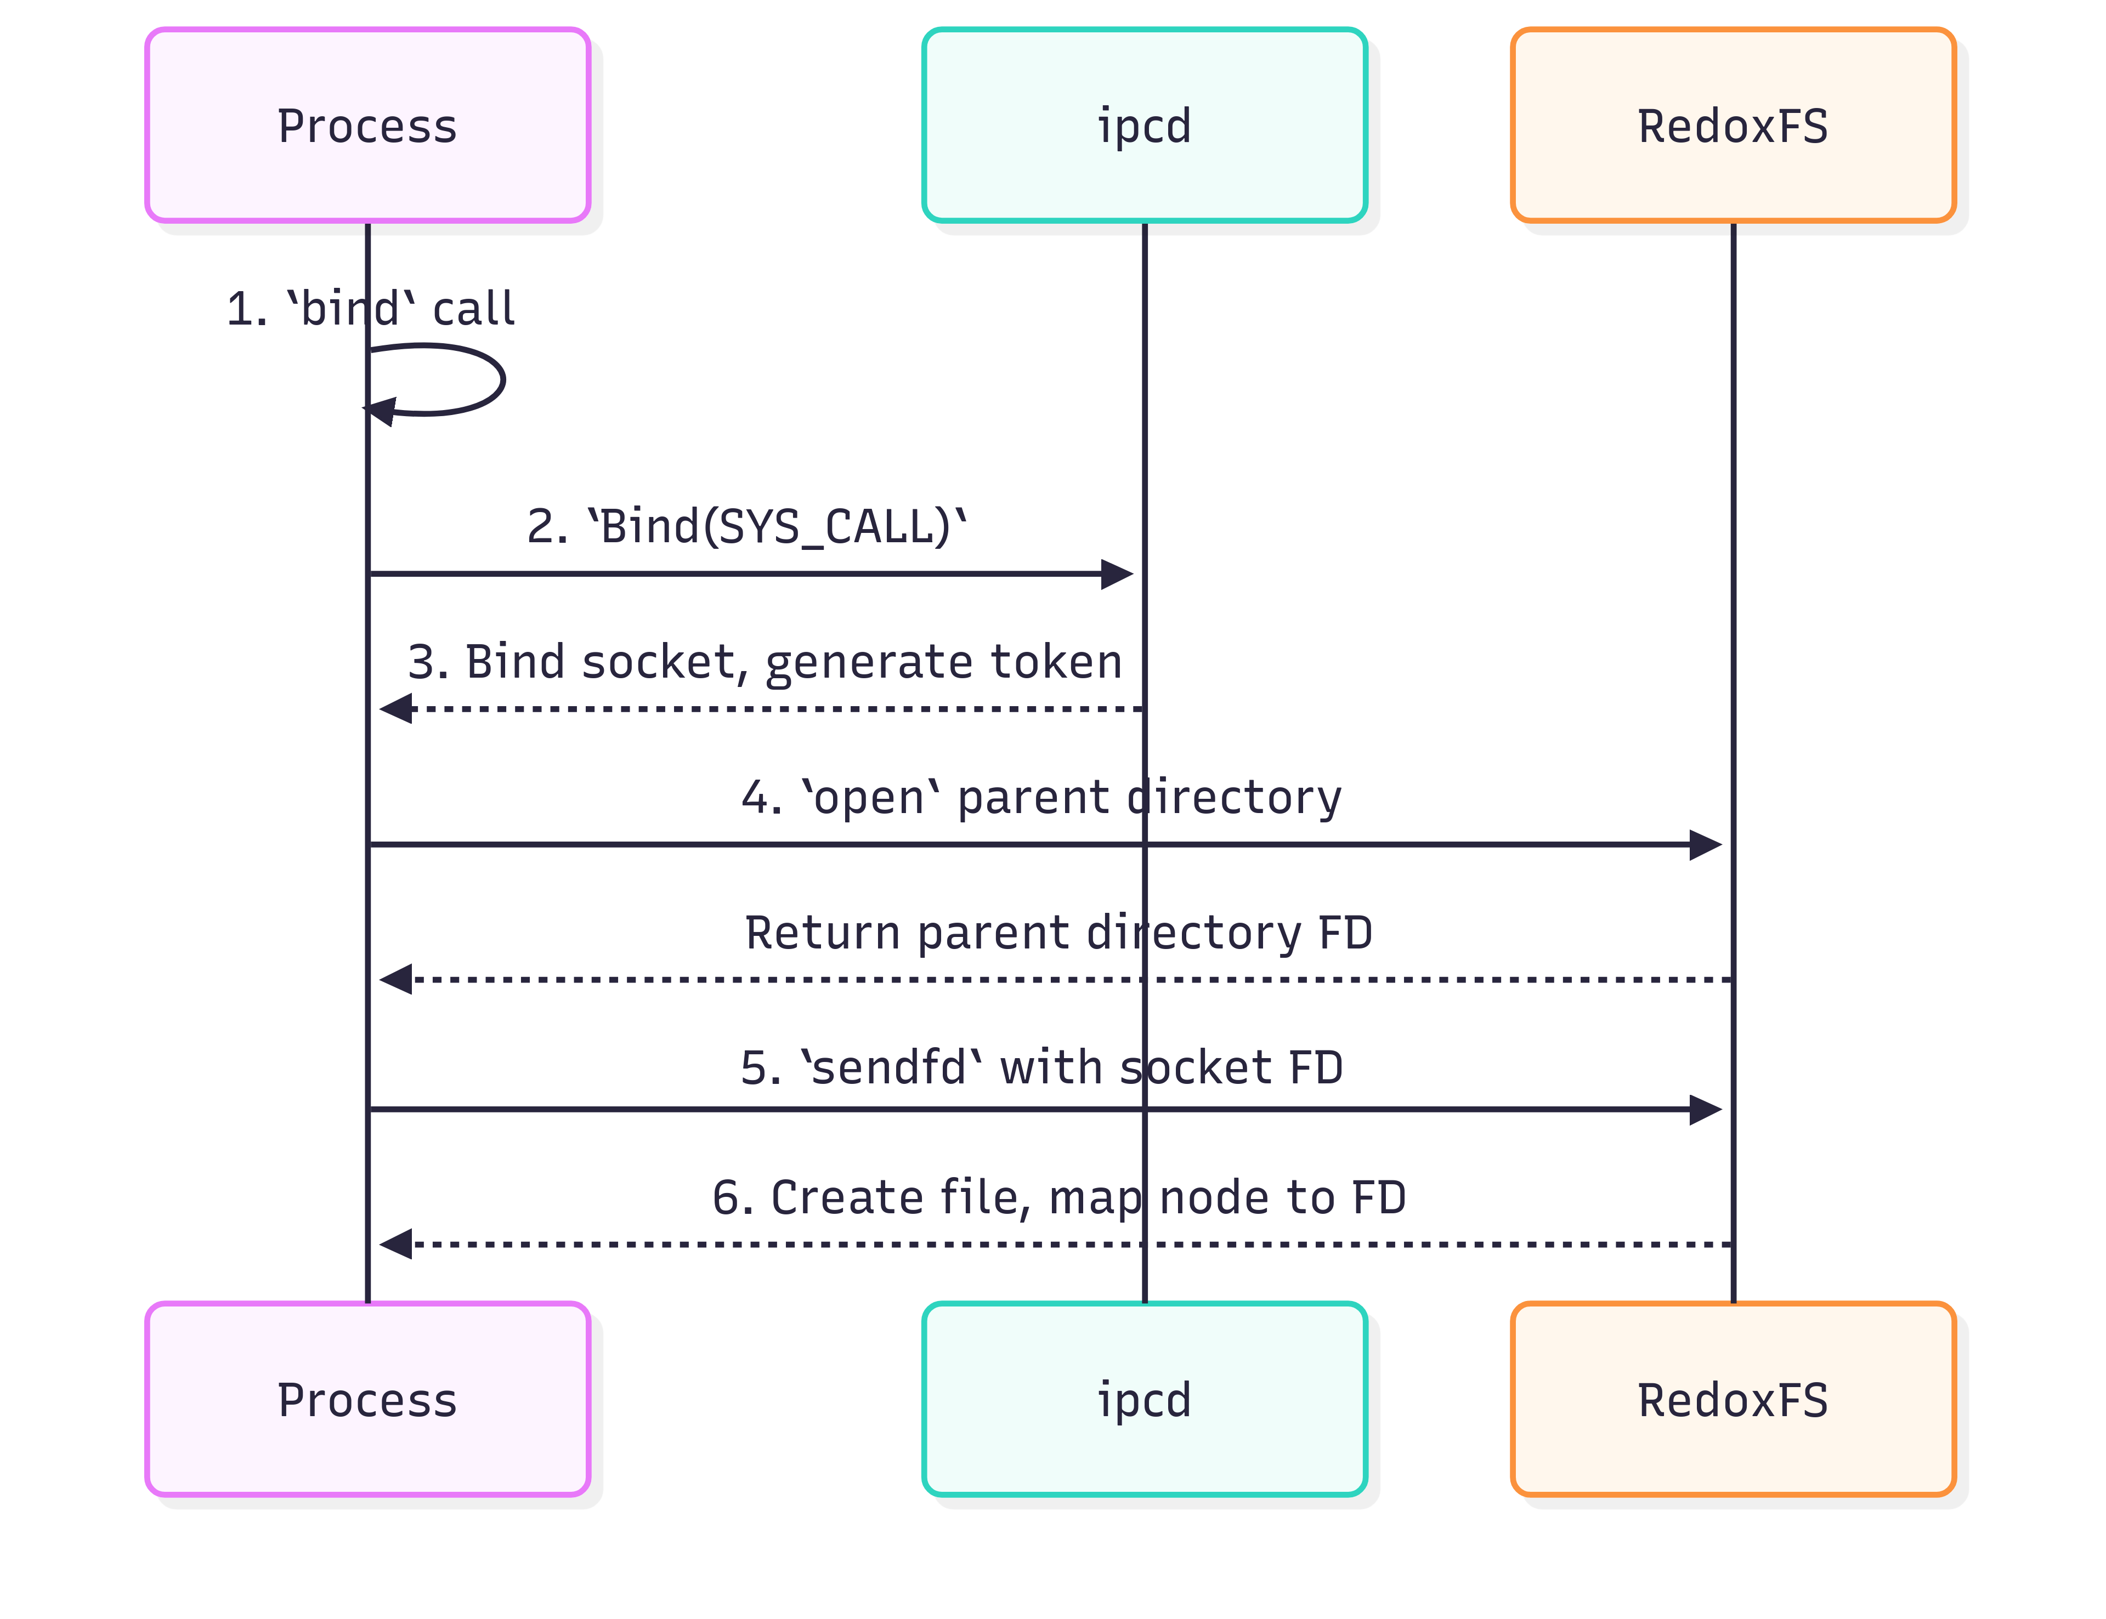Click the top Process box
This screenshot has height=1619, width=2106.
point(367,126)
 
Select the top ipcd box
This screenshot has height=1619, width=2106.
point(1144,126)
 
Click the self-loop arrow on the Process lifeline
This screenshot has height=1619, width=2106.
point(502,380)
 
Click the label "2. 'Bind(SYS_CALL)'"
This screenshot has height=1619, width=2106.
point(747,527)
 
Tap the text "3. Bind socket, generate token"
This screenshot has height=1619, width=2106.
point(765,662)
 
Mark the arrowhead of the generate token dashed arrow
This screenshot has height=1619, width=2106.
point(395,709)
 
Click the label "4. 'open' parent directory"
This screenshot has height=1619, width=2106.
point(1041,798)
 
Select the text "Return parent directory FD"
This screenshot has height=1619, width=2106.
point(1058,933)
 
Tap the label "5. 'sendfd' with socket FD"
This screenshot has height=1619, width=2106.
point(1041,1068)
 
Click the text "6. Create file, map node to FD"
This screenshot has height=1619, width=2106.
point(1058,1198)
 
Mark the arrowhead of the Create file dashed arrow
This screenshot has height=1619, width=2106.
point(395,1244)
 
